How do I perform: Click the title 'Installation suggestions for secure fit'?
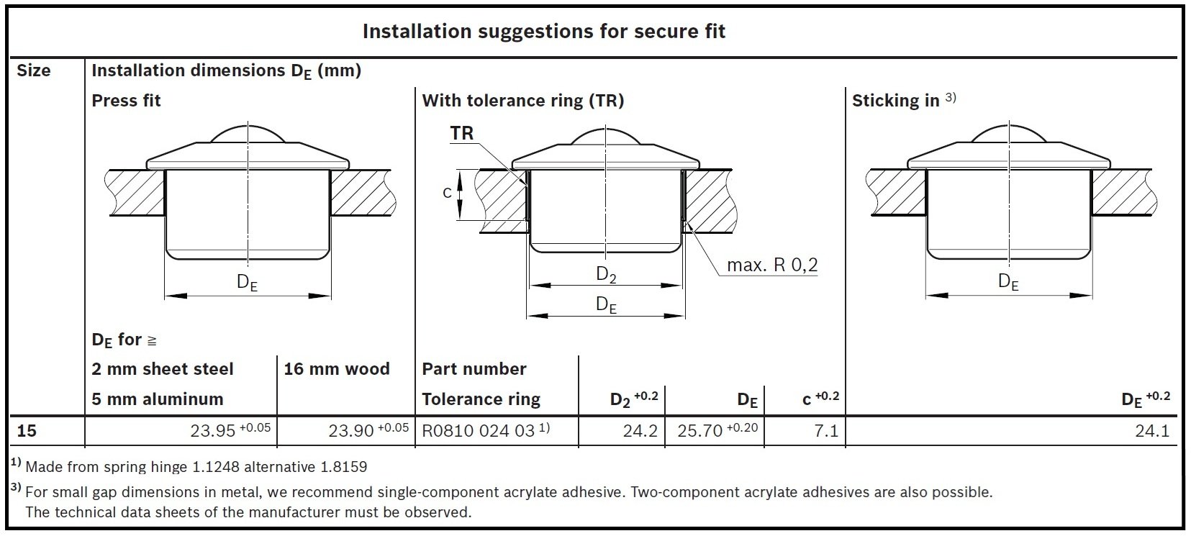tap(543, 32)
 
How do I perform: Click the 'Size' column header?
tap(34, 71)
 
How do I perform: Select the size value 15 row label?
tap(27, 430)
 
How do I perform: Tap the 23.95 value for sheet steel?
tap(213, 430)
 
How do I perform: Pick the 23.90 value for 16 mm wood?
tap(351, 430)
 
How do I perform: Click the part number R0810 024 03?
tap(478, 430)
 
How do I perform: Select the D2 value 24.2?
tap(640, 431)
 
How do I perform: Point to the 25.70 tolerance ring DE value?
tap(699, 430)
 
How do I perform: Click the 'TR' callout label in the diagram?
tap(462, 133)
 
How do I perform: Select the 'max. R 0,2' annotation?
tap(772, 265)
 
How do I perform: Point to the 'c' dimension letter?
tap(447, 193)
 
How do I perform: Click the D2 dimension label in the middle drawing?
tap(607, 274)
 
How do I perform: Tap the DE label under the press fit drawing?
tap(247, 282)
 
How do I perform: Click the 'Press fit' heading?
tap(126, 101)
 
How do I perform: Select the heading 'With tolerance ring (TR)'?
tap(522, 101)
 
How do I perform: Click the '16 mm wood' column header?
tap(336, 369)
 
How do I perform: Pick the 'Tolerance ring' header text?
tap(481, 399)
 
